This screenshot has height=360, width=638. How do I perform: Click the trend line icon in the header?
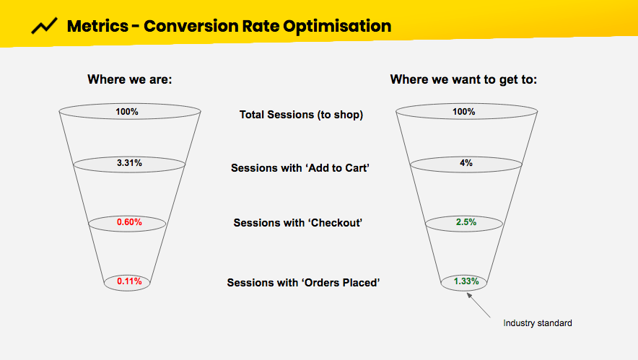(45, 27)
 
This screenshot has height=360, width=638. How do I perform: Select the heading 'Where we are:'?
(130, 79)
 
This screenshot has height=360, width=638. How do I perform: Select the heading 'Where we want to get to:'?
(463, 79)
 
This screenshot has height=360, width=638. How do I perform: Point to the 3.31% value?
(130, 164)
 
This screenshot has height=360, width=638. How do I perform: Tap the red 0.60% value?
(130, 223)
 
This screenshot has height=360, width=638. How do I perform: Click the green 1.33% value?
(467, 281)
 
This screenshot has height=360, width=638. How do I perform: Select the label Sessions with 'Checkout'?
(297, 223)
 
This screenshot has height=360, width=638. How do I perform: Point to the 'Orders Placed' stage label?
(303, 283)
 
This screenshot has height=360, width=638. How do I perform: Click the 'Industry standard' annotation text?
(537, 323)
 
